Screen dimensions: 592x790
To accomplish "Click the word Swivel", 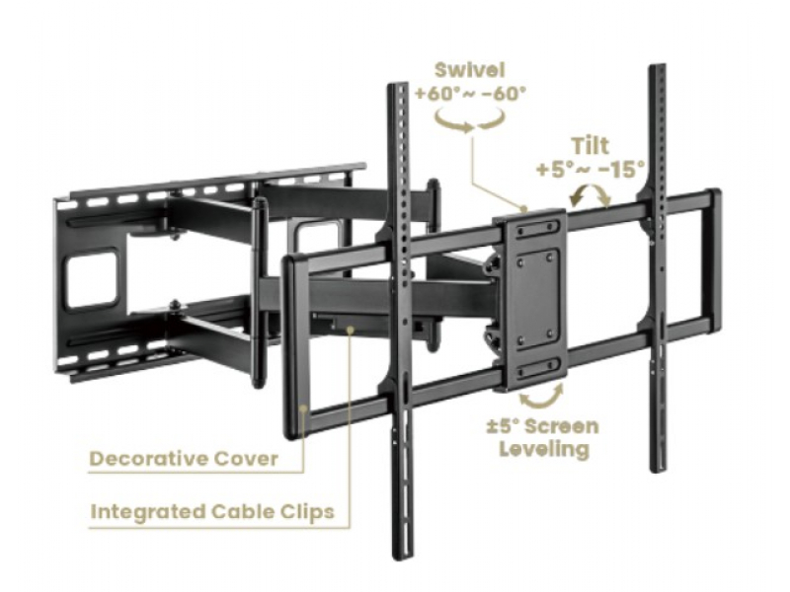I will [x=471, y=71].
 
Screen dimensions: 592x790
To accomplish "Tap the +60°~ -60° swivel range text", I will [x=471, y=95].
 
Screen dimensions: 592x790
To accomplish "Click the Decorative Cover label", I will [x=184, y=459].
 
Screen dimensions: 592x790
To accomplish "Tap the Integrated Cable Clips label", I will [x=212, y=512].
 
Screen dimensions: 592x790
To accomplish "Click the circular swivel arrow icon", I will [x=471, y=120].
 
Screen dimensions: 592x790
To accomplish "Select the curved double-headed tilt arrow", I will [x=591, y=196].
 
